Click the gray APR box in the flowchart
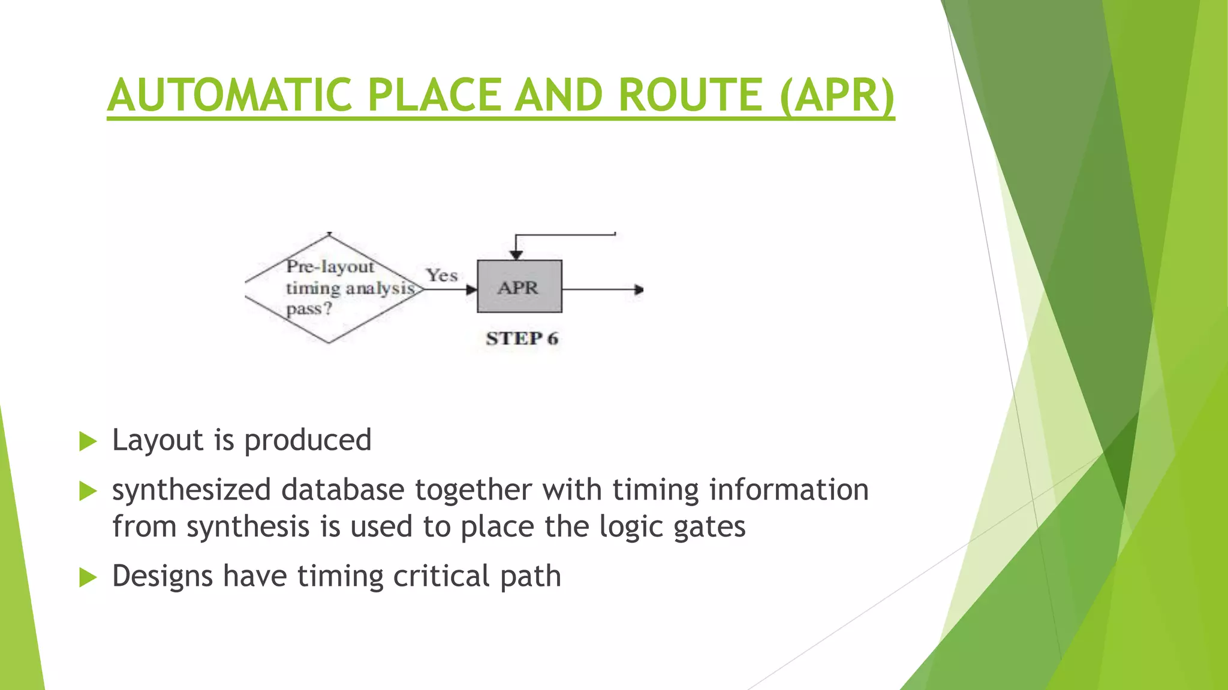519,287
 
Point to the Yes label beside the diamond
442,276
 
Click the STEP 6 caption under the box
522,338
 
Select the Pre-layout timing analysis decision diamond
333,289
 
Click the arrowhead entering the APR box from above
516,255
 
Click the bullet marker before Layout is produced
88,442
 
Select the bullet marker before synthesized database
88,492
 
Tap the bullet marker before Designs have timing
88,578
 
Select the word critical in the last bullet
441,576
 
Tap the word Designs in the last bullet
162,576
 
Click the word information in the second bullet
788,489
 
